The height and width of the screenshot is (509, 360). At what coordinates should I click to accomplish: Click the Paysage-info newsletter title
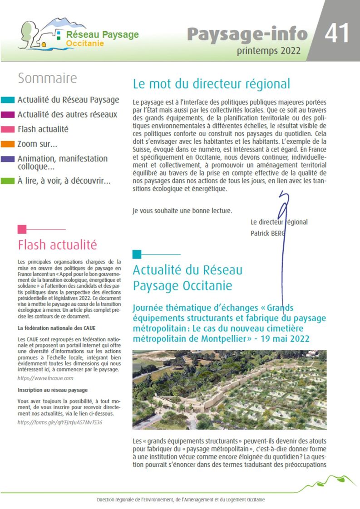247,34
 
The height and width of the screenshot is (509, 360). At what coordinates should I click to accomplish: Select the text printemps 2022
268,50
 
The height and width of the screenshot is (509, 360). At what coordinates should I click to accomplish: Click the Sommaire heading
47,78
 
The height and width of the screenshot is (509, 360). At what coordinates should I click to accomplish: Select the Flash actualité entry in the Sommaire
43,129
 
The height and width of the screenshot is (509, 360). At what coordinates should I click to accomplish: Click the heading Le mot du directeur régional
211,84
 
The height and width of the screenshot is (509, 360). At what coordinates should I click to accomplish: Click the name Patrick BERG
268,234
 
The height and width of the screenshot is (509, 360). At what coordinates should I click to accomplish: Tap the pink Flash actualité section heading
57,245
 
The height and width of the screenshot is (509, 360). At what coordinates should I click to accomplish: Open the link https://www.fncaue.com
45,377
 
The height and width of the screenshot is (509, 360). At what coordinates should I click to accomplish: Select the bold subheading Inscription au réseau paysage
53,390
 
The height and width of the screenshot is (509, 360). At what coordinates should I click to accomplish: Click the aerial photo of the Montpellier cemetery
229,389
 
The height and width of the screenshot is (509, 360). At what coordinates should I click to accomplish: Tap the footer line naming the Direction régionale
181,499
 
